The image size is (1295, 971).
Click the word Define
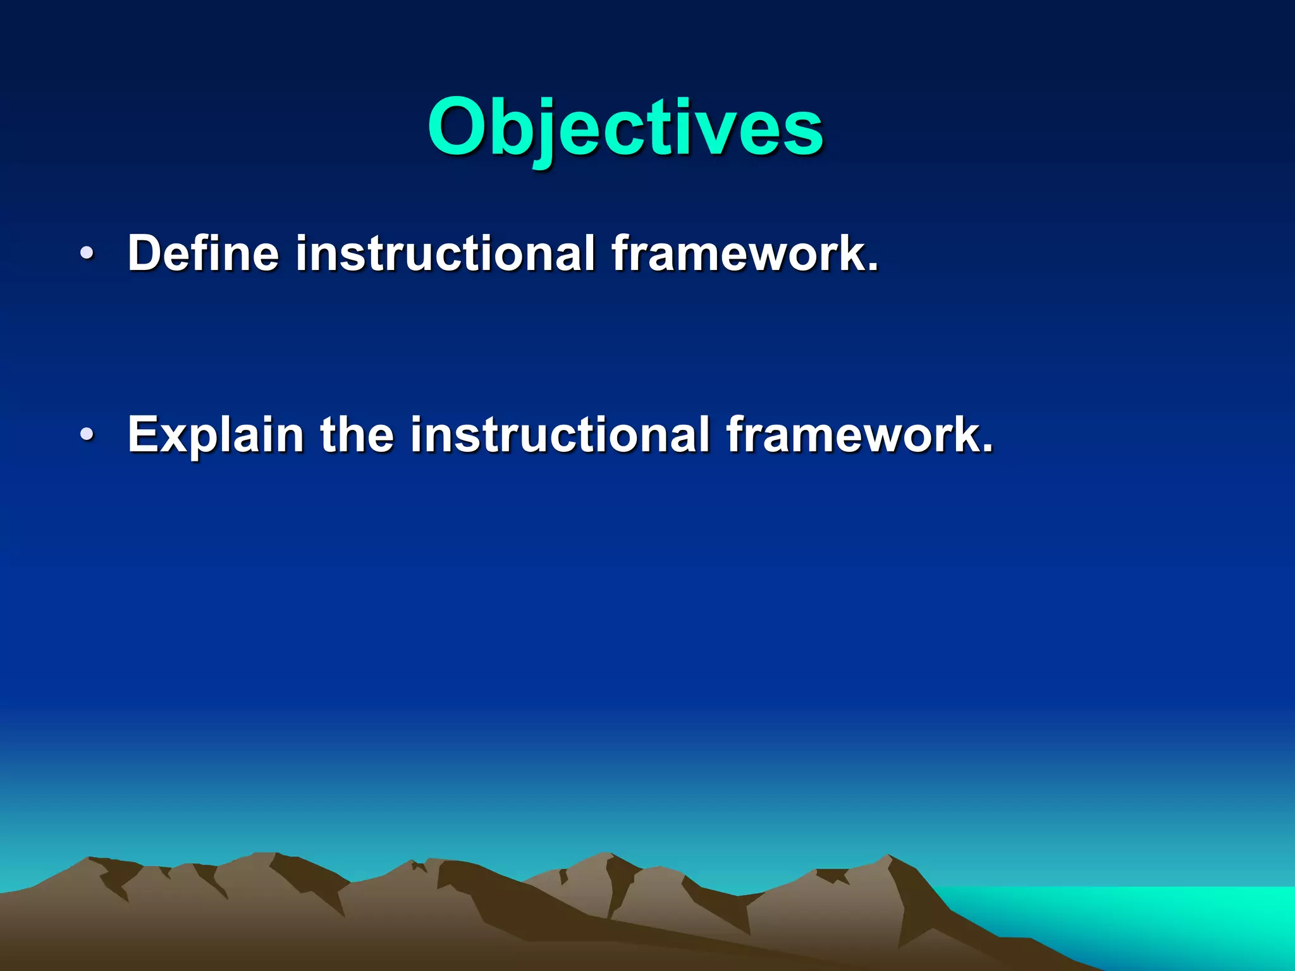(203, 253)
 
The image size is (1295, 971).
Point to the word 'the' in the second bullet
(357, 434)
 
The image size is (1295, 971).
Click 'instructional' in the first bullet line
(445, 253)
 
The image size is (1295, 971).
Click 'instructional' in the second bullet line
(560, 434)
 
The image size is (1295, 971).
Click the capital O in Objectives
(460, 128)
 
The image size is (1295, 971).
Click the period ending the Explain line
(987, 448)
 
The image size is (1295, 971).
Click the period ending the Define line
(873, 267)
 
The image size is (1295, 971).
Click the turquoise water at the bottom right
(1138, 917)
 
